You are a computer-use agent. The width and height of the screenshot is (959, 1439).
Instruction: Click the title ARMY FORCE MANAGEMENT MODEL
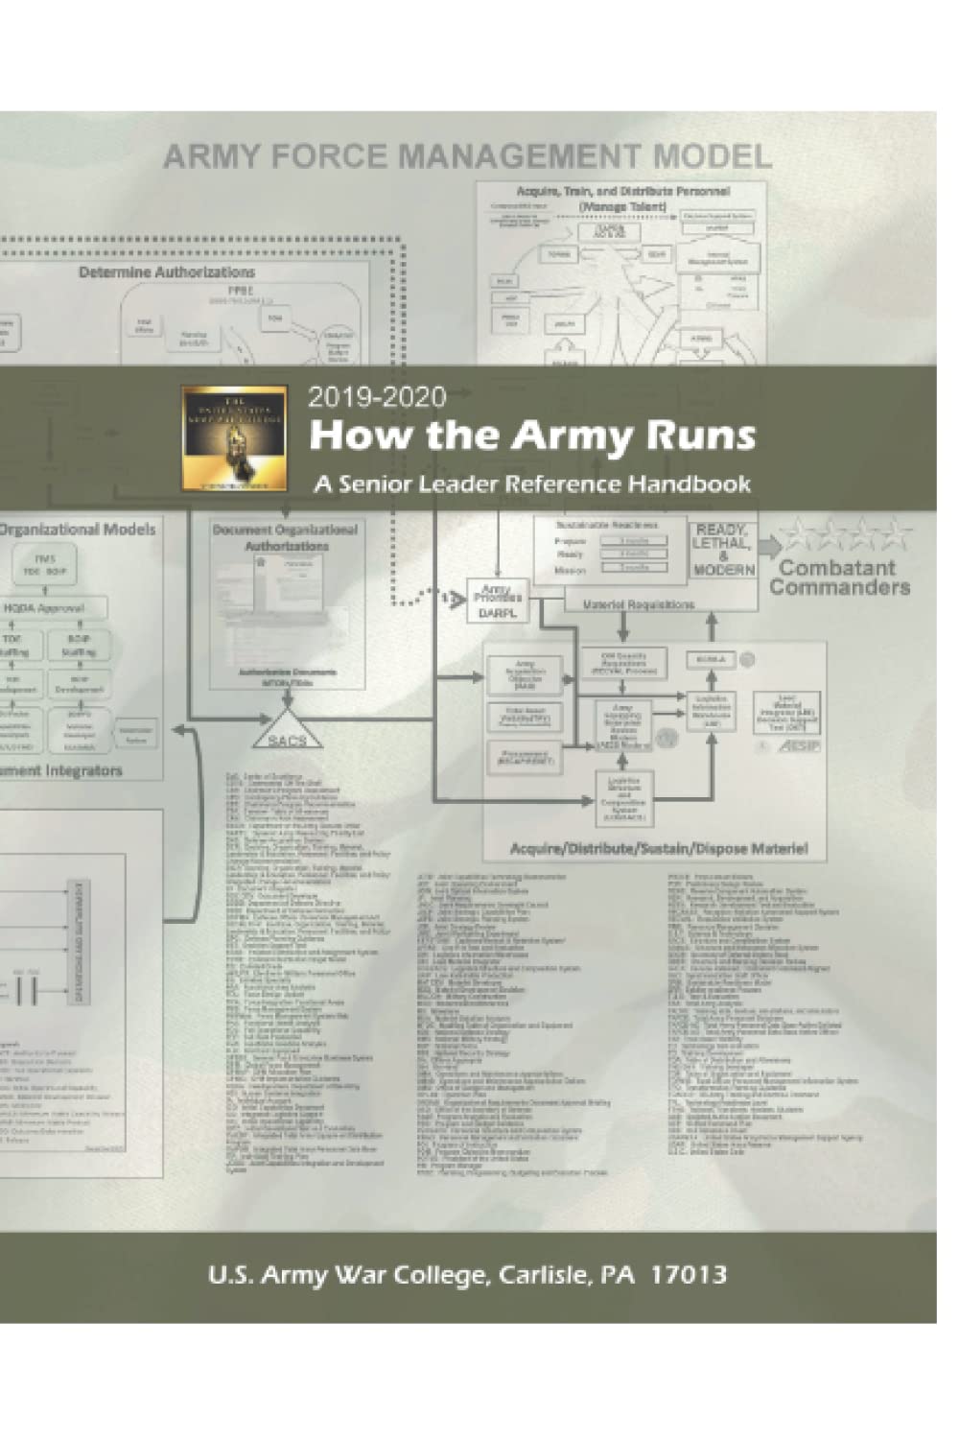point(467,155)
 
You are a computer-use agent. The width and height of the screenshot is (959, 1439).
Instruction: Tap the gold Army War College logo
point(234,437)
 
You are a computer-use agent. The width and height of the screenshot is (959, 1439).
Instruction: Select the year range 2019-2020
point(377,396)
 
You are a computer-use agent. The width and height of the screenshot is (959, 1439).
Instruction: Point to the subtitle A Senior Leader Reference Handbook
point(531,484)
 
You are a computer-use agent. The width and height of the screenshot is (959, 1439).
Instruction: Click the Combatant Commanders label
point(839,578)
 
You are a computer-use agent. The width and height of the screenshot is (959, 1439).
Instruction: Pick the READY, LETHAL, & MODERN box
point(723,549)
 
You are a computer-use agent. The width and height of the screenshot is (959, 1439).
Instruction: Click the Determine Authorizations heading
point(167,272)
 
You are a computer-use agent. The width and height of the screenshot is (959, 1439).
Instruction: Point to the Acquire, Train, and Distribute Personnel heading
point(623,199)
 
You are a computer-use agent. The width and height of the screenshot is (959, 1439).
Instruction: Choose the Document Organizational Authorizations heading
point(286,537)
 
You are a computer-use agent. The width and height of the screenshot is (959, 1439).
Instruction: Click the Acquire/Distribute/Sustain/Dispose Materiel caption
point(659,848)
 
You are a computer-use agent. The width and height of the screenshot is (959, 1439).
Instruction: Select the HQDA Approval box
point(57,608)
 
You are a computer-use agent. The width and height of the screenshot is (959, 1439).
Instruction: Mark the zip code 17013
point(688,1275)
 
